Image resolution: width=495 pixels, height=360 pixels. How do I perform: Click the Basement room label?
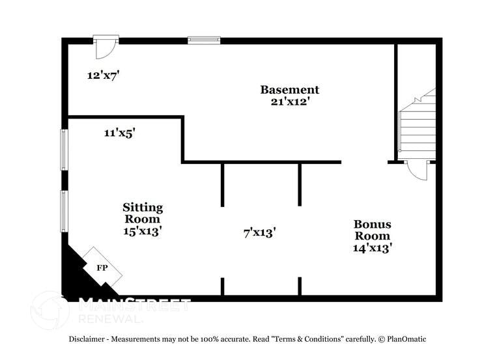[x=290, y=90]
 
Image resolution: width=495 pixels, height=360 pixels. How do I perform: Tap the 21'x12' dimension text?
[x=290, y=102]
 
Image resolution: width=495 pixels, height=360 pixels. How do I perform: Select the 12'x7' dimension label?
[x=103, y=75]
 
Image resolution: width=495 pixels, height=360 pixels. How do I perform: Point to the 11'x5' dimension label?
[x=119, y=133]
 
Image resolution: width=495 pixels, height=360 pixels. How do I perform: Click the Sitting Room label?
[x=143, y=213]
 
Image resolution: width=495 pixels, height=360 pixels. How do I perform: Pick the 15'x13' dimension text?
[x=143, y=230]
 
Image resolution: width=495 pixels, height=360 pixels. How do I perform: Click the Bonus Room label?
[x=372, y=230]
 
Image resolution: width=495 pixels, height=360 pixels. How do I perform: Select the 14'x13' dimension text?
[x=372, y=247]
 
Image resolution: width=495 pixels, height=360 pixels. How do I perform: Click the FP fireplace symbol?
[x=102, y=268]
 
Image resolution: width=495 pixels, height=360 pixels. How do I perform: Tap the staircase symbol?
[x=417, y=127]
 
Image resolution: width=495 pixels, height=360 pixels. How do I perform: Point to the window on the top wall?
[x=204, y=40]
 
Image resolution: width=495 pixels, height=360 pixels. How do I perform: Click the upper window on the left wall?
[x=64, y=150]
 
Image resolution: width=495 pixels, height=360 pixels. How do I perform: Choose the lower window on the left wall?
[x=64, y=210]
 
